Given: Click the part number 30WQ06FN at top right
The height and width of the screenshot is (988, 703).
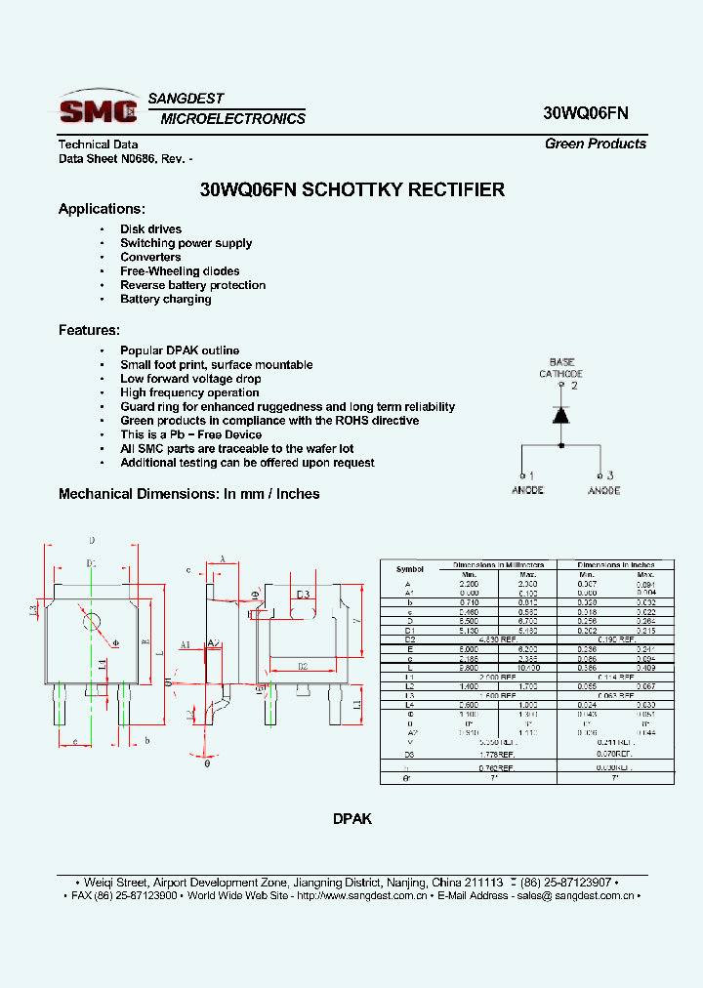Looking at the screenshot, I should point(586,112).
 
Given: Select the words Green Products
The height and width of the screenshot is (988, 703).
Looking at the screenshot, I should point(596,144).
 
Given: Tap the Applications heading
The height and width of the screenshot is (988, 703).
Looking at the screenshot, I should point(102,209).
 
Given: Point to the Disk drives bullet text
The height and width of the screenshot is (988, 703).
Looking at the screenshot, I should point(150,229).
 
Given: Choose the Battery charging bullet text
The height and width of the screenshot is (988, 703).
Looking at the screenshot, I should point(165,299).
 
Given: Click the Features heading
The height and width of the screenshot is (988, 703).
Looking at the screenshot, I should point(89,330).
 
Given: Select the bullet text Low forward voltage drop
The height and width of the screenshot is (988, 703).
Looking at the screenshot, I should point(190,379).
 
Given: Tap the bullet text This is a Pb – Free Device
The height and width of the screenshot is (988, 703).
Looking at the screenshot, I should point(190,434).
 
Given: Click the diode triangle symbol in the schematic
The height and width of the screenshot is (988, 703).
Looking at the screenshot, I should point(561,414).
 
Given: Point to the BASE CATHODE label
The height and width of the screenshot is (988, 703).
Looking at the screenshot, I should point(561,368).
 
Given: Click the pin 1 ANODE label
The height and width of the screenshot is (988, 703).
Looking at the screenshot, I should point(527,483).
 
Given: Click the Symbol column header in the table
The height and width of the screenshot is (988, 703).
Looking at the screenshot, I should point(410,569).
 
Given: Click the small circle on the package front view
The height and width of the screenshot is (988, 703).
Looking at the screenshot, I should point(94,622).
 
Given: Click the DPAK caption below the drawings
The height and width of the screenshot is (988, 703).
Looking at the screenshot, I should point(351,820).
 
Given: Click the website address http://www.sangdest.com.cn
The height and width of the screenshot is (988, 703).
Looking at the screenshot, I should point(359,895).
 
